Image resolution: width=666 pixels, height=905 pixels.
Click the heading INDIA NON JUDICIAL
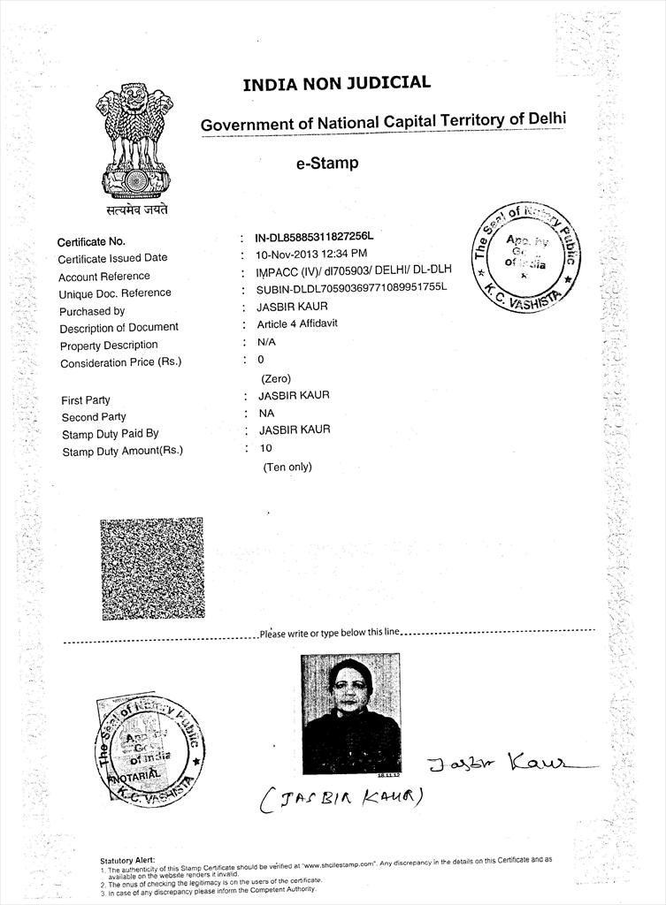(x=336, y=84)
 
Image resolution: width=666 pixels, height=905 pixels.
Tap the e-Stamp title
(x=326, y=164)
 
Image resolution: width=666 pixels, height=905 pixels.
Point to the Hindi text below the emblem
(x=132, y=209)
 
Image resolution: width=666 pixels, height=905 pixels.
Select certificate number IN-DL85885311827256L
(x=314, y=238)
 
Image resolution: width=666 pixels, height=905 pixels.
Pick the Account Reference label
(x=104, y=277)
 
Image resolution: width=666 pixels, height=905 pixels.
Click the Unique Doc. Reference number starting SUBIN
(x=352, y=288)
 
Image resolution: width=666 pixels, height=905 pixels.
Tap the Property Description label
(x=108, y=345)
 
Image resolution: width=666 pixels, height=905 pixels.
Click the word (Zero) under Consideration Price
(x=276, y=379)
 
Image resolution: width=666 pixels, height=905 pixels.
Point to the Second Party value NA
(x=266, y=413)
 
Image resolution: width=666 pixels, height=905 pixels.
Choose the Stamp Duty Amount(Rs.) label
(x=122, y=451)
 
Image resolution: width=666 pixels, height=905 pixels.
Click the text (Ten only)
(x=287, y=467)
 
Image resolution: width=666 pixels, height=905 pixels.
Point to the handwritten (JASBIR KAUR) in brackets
(x=341, y=799)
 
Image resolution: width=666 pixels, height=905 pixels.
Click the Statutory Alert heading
(x=127, y=860)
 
